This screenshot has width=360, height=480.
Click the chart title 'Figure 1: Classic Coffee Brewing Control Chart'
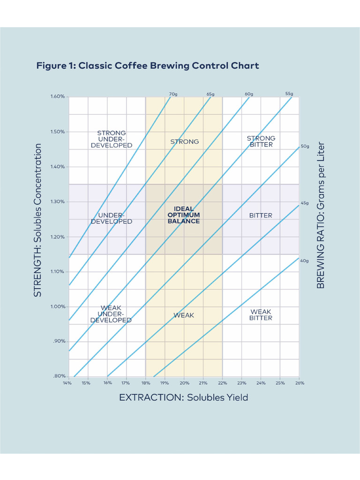click(x=148, y=66)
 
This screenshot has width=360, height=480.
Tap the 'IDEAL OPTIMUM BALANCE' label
click(x=184, y=215)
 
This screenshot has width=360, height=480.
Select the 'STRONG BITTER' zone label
click(x=261, y=141)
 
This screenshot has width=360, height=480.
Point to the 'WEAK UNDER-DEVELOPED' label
click(x=111, y=314)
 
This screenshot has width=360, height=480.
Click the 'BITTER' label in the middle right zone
click(x=261, y=216)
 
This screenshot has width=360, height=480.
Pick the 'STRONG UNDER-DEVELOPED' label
click(x=112, y=139)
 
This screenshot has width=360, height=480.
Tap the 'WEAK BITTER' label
click(x=261, y=315)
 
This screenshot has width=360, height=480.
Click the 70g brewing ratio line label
click(x=173, y=94)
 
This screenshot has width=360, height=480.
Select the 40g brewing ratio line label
click(x=304, y=261)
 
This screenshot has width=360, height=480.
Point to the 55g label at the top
click(x=289, y=94)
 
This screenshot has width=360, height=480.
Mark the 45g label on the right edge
click(x=305, y=203)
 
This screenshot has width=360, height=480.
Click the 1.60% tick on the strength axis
click(x=57, y=97)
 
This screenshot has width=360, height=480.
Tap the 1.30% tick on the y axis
click(x=57, y=202)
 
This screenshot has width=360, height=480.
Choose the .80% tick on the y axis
click(x=58, y=376)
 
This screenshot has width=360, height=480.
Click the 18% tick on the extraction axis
click(x=145, y=383)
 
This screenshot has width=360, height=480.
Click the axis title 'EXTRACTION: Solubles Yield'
click(x=183, y=397)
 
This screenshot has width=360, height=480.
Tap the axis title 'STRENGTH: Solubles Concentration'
click(x=38, y=220)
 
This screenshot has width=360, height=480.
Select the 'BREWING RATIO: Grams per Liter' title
click(x=321, y=215)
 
